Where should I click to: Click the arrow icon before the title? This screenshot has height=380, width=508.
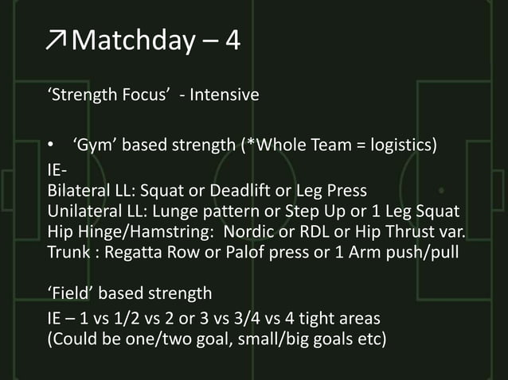click(57, 41)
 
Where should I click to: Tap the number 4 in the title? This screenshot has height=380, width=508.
click(233, 41)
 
